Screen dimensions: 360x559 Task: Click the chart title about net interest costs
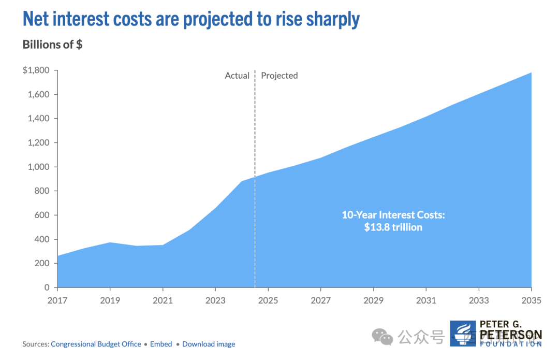click(x=191, y=20)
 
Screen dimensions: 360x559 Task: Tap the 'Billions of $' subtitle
click(x=52, y=45)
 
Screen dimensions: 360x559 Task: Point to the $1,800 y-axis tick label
click(x=36, y=70)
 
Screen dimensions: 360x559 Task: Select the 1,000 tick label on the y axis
click(x=39, y=167)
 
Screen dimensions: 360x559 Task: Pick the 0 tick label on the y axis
click(x=47, y=287)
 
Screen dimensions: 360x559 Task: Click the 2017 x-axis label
click(x=57, y=300)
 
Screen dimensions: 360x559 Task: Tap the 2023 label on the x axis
click(x=215, y=300)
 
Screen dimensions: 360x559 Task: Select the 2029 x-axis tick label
click(x=373, y=300)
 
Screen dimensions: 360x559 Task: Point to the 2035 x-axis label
click(x=531, y=300)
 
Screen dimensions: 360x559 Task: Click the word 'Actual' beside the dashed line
click(x=237, y=76)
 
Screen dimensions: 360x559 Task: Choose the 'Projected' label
click(x=279, y=76)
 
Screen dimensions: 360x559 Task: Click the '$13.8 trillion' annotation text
click(x=393, y=227)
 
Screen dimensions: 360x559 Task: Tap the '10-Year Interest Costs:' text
click(x=393, y=215)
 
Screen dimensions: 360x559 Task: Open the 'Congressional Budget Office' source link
click(x=96, y=344)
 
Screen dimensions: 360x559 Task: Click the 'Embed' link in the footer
click(x=161, y=344)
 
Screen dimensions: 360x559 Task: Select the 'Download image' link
click(x=209, y=344)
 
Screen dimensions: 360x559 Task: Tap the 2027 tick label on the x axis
click(x=321, y=300)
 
